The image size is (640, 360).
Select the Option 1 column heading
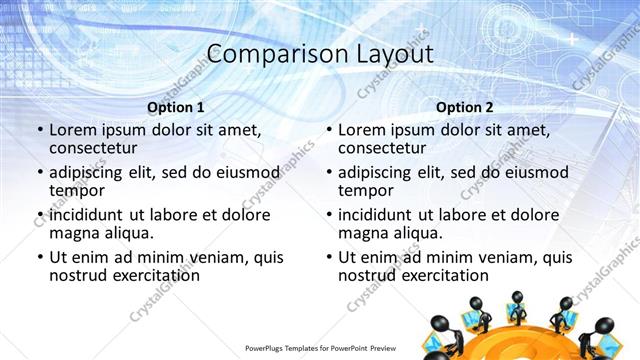click(x=176, y=107)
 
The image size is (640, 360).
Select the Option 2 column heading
click(x=465, y=107)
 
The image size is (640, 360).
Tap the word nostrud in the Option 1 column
click(x=81, y=276)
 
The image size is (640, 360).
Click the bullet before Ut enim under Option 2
click(x=329, y=257)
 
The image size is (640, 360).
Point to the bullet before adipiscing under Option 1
click(x=40, y=172)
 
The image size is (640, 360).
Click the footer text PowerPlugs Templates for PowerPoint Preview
click(x=320, y=350)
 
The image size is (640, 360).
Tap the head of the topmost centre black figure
click(x=517, y=297)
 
